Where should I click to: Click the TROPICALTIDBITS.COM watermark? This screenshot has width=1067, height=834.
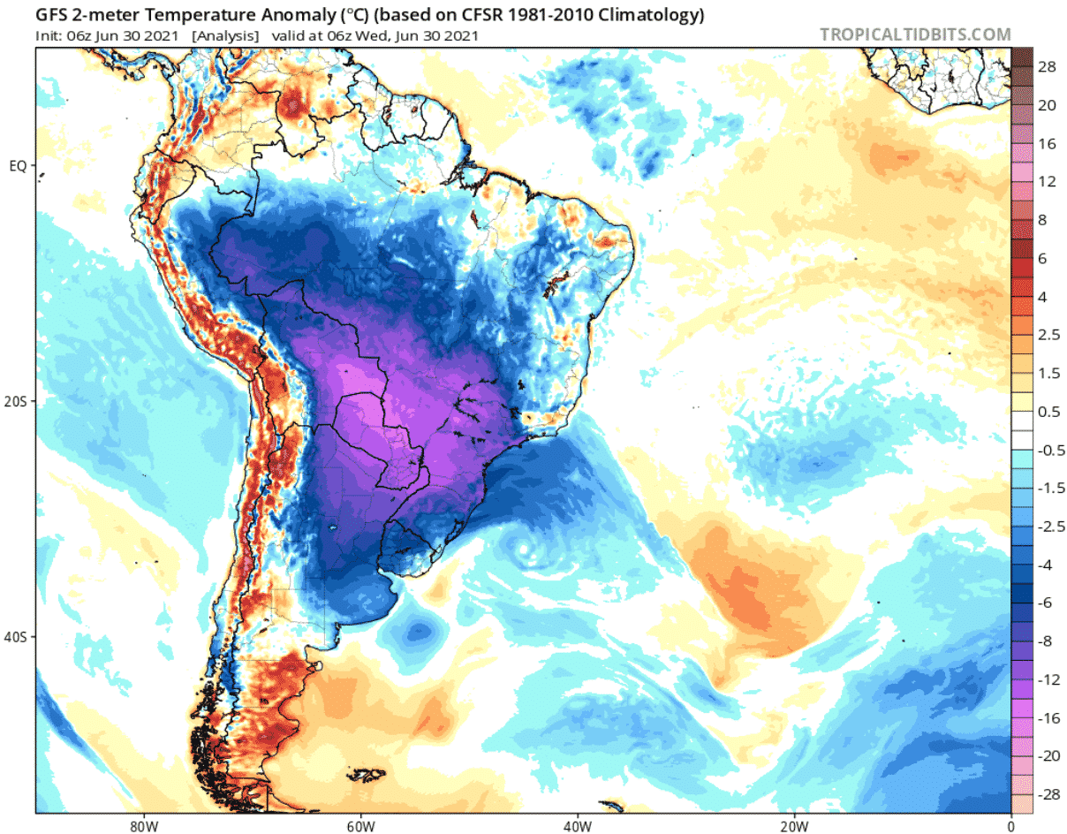point(915,34)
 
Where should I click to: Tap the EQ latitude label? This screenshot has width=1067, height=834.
point(19,165)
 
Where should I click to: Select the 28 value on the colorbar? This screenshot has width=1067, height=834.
point(1035,67)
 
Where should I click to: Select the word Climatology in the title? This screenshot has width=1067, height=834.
point(647,15)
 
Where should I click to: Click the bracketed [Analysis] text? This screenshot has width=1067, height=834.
point(225,36)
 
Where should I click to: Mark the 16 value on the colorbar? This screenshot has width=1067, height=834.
point(1035,144)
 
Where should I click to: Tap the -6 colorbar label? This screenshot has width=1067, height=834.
point(1033,603)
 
